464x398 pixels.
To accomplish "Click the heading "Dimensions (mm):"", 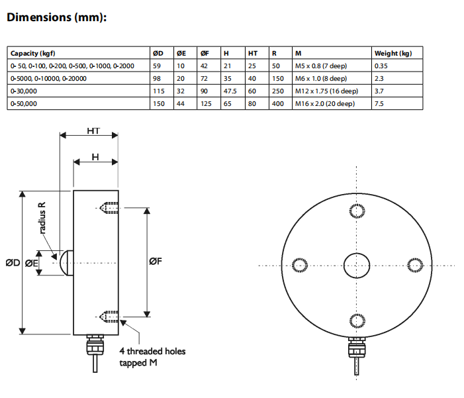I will point(56,17).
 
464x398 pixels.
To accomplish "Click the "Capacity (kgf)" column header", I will point(32,54).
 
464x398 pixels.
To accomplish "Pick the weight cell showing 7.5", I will point(380,104).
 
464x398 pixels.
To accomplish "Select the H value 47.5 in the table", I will point(231,91).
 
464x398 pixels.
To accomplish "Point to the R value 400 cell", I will point(277,104).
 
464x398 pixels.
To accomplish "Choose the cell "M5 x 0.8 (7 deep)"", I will point(321,66).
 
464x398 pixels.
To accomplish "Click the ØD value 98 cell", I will point(157,79).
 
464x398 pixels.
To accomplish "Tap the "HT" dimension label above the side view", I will point(93,131).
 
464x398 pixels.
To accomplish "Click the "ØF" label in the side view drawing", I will point(156,262).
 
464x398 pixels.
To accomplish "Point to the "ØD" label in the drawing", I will point(13,263).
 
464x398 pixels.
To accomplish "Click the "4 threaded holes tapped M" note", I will point(152,357).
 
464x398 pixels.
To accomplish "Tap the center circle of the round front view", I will point(357,265).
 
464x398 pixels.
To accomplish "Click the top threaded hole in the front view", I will point(357,210).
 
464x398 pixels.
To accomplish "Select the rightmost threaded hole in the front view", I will point(414,265).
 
